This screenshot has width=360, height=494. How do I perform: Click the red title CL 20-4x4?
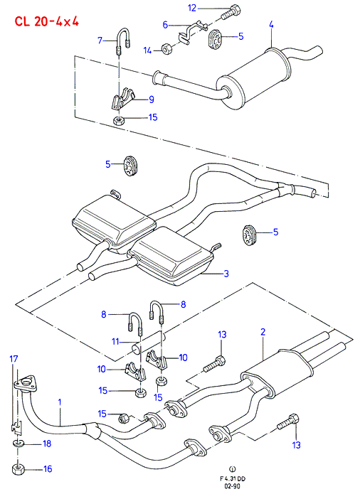coord(46,21)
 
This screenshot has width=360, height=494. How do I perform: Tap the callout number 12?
coord(192,8)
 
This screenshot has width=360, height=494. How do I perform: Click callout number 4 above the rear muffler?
coord(271,24)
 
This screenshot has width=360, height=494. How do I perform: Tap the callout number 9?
coord(152,100)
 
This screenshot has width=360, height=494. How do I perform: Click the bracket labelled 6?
coord(191,31)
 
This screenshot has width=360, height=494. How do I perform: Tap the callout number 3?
coord(226,273)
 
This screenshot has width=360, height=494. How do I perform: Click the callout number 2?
coord(263,332)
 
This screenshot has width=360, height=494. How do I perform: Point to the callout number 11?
coord(115,341)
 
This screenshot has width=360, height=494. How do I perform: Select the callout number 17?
coord(14,359)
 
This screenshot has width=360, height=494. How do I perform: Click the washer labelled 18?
coord(18,444)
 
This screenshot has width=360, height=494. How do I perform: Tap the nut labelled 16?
coord(18,468)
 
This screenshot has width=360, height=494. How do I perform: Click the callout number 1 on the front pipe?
coord(60,402)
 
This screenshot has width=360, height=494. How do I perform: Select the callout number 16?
coord(48,469)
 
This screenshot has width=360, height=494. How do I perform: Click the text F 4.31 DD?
coord(233,479)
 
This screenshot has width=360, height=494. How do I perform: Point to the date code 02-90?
coord(233,486)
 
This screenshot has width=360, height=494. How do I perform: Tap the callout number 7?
coord(100,40)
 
